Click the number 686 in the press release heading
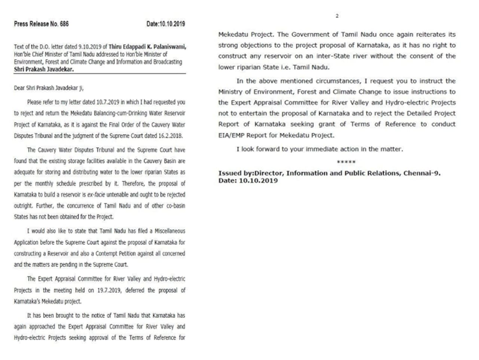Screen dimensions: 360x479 tap(64, 24)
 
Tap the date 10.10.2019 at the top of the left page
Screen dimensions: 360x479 tap(173, 24)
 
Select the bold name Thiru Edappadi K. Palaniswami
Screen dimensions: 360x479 tap(147, 47)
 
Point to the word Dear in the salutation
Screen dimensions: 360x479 tap(19, 88)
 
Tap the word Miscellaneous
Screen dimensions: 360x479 tap(167, 231)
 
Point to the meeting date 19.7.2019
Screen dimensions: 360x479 tap(109, 290)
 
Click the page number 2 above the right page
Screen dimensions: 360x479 tap(337, 16)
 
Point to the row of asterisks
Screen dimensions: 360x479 tap(346, 162)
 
